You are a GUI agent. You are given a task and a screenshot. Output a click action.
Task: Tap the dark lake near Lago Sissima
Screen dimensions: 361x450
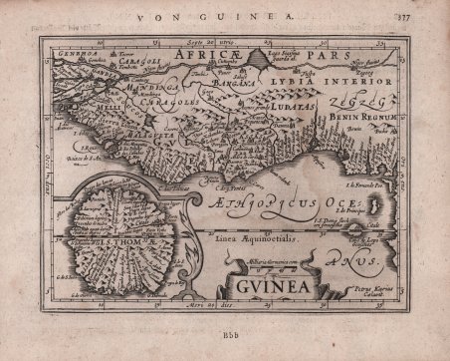tap(259, 57)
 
